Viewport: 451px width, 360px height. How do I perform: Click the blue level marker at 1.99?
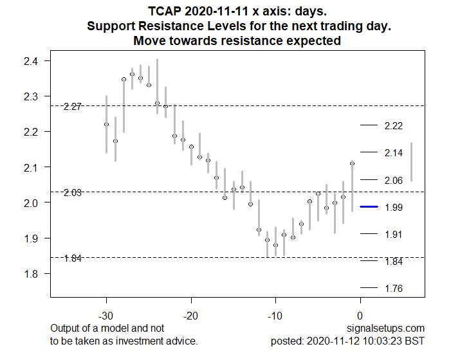368,207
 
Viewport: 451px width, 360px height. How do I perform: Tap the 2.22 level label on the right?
393,126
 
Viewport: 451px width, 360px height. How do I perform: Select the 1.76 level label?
393,289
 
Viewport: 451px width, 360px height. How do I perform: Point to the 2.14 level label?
393,153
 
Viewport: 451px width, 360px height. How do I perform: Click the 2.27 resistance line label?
73,107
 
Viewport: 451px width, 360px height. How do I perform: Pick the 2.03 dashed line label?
73,193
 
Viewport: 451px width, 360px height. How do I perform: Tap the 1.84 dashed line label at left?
73,258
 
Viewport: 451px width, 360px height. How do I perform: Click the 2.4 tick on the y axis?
31,61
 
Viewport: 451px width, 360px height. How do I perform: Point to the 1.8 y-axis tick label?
31,274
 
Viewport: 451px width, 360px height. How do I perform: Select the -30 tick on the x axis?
106,316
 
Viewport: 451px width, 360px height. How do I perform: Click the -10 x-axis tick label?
275,316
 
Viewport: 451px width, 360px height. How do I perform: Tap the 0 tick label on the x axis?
360,316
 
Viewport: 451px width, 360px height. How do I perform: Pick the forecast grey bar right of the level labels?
411,162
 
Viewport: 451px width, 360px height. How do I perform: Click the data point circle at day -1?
352,164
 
